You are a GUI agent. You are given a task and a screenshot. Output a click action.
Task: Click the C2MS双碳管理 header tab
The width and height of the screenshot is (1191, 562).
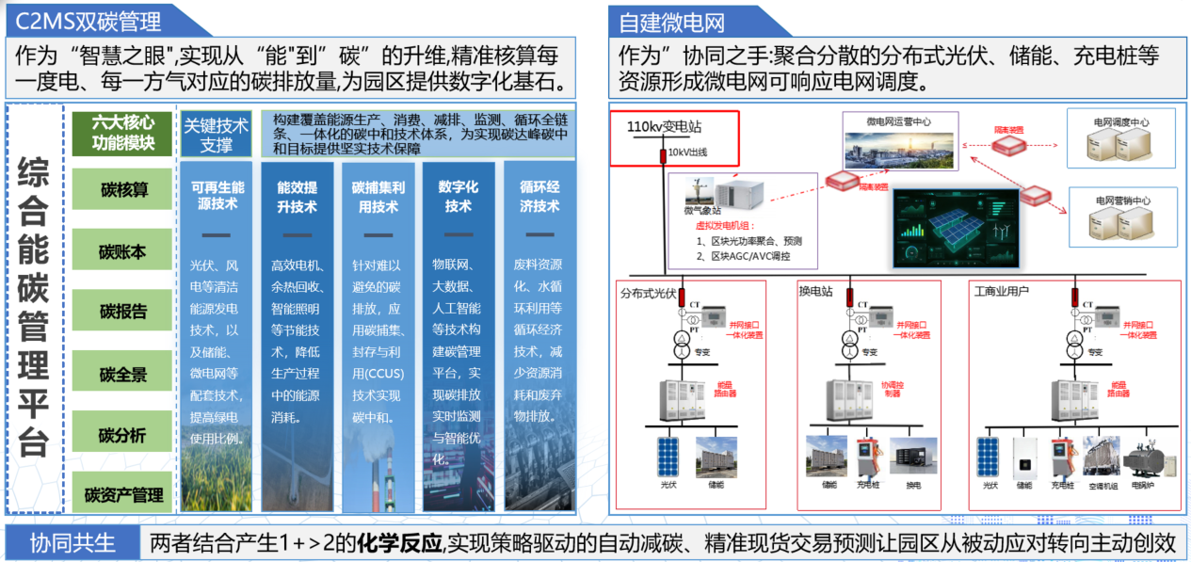tap(89, 19)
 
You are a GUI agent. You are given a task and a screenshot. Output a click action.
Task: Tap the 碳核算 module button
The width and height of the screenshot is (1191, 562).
tap(123, 190)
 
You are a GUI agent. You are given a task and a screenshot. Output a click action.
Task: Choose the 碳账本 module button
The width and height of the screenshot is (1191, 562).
tap(123, 252)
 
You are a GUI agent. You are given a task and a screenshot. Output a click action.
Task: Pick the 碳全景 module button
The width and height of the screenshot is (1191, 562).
tap(123, 375)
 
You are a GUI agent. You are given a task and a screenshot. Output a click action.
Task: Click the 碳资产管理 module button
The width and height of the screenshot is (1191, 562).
tap(123, 494)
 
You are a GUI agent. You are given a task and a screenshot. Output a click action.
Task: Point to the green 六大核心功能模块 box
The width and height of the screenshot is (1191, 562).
tap(123, 134)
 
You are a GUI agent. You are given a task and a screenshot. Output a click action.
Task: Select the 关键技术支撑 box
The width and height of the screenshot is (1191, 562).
tap(216, 135)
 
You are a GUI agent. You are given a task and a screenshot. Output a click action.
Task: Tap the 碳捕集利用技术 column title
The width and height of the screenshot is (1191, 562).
tap(377, 197)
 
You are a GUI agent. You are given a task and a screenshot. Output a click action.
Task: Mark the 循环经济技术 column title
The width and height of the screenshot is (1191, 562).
tap(539, 197)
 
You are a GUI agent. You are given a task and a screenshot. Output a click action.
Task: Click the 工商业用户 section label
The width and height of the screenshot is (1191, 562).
tap(1001, 292)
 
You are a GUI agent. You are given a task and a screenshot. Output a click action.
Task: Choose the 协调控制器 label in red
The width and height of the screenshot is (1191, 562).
tap(892, 390)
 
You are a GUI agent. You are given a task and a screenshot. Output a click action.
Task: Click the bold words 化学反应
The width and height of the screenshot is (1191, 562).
tap(405, 543)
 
